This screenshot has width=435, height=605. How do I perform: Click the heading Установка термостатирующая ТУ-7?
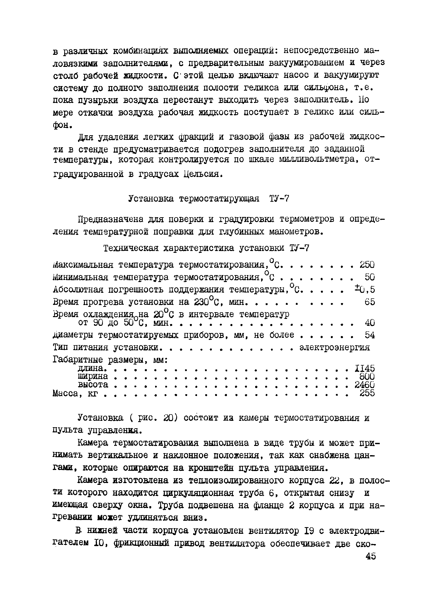coord(209,199)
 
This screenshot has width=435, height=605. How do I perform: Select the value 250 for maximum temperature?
coord(367,265)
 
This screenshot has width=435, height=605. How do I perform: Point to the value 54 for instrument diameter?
coord(370,335)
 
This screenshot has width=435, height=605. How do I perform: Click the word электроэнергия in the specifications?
coord(334,347)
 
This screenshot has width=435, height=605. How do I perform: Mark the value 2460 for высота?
coord(364,385)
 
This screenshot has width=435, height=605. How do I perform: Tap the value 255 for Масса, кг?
coord(367,393)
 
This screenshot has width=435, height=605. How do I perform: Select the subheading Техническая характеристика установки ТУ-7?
coord(206,248)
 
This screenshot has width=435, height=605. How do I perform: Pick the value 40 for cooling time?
coord(370,323)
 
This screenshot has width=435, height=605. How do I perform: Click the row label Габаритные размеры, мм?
coord(110,360)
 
